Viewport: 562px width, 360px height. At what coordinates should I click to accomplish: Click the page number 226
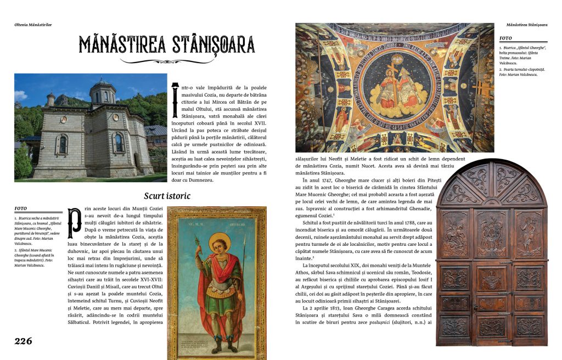click(23, 341)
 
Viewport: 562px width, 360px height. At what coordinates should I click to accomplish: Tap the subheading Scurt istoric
click(168, 196)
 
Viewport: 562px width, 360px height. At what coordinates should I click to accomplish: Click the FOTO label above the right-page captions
click(505, 38)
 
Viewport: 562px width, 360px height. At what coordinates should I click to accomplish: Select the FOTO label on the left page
click(21, 209)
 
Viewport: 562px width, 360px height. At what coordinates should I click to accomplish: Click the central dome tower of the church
click(103, 92)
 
